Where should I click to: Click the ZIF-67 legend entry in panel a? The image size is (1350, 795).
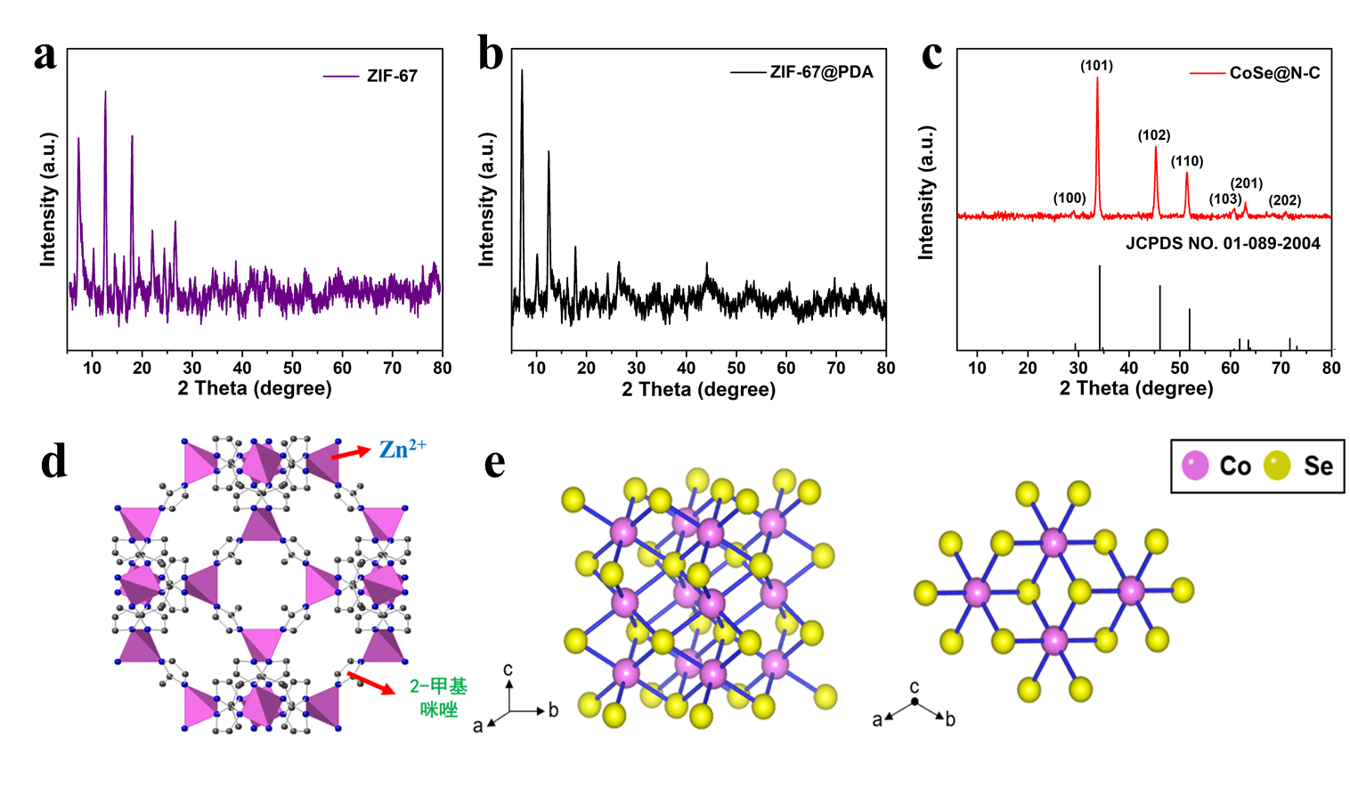371,76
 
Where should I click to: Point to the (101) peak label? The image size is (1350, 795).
1096,66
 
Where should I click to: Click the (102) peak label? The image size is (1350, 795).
1154,135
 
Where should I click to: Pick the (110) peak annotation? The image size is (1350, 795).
1187,161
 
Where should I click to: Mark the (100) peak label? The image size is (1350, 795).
1069,199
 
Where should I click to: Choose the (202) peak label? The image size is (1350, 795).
1285,200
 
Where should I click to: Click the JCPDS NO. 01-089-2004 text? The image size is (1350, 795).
1223,243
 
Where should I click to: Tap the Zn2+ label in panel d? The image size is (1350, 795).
402,449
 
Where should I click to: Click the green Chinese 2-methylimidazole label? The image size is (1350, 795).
438,697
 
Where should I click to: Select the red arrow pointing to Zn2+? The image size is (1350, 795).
351,453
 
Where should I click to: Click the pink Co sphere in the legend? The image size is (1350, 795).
1195,466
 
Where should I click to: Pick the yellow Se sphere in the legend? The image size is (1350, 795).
1277,466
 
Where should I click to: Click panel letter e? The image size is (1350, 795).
495,463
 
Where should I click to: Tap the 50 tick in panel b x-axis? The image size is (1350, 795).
736,369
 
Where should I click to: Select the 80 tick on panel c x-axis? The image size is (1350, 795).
1330,369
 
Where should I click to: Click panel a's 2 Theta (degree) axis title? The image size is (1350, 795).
255,388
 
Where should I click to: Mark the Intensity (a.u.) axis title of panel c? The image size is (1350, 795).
926,192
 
